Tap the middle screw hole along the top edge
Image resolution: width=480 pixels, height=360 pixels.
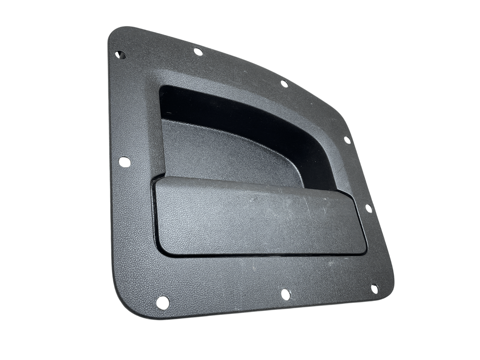pyautogui.click(x=198, y=52)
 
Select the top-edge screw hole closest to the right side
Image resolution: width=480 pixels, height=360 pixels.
pyautogui.click(x=283, y=84)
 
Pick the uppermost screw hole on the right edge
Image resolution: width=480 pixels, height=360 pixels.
pyautogui.click(x=346, y=140)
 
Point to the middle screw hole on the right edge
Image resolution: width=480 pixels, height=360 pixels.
pyautogui.click(x=368, y=207)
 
